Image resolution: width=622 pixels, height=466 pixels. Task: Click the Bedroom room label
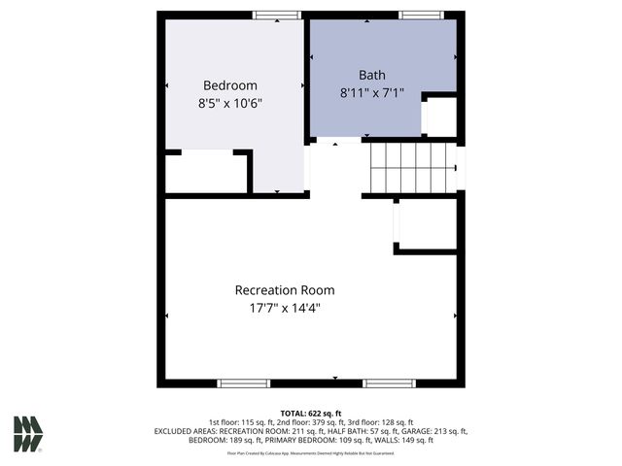[x=229, y=84]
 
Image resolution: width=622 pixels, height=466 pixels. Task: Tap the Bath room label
[x=372, y=75]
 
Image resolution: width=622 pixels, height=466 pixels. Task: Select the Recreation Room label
[x=285, y=290]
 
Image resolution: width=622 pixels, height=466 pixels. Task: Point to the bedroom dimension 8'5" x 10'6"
[x=229, y=102]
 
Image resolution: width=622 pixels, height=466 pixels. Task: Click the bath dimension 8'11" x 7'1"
[x=372, y=93]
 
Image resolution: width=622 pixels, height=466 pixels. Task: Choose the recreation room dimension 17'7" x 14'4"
[x=285, y=309]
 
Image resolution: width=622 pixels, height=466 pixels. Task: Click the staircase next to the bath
[x=413, y=166]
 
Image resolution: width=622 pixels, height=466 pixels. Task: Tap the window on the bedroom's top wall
[x=277, y=15]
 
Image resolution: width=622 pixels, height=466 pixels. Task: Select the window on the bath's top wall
[x=421, y=15]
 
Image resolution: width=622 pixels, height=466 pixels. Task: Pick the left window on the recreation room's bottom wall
[x=243, y=383]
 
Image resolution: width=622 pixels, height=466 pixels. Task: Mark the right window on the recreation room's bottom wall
[x=389, y=383]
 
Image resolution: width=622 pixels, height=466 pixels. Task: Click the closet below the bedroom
[x=205, y=173]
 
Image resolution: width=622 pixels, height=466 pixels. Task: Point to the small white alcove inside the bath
[x=441, y=116]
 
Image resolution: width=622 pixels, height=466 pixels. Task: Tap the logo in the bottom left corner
[x=27, y=433]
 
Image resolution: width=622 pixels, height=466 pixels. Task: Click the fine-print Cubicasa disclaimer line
[x=311, y=453]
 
